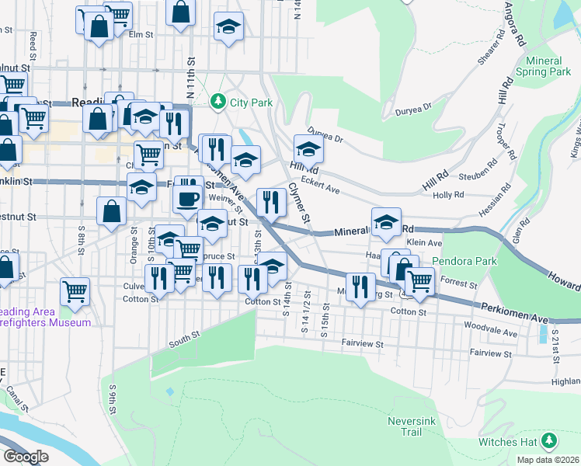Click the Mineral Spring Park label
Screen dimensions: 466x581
[x=548, y=66]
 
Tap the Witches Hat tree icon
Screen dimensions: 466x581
[x=550, y=441]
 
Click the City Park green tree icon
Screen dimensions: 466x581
[x=219, y=102]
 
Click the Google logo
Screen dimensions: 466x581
[x=25, y=457]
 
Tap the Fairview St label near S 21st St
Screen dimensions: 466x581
[x=492, y=353]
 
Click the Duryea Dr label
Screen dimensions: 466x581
[x=325, y=135]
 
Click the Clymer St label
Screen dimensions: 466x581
[x=298, y=202]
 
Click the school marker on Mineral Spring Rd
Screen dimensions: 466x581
[x=386, y=222]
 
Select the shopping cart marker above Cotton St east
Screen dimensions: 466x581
[x=420, y=280]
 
